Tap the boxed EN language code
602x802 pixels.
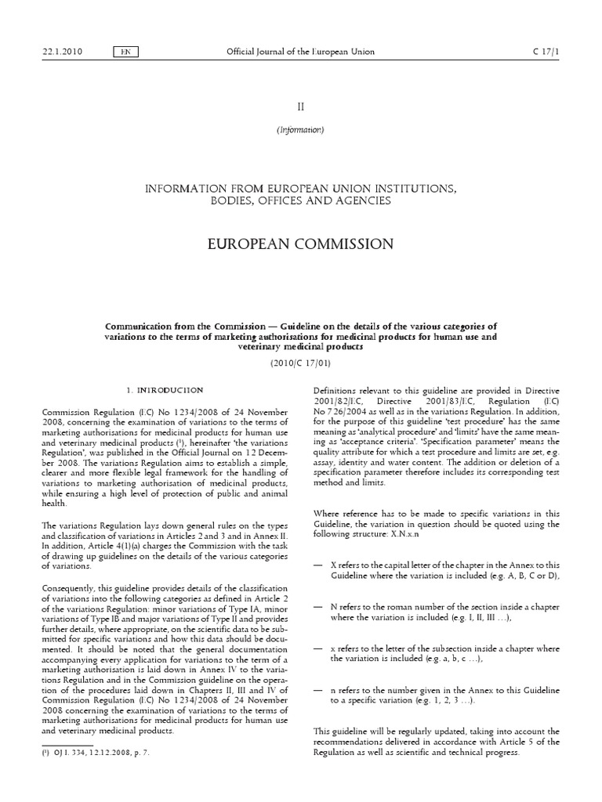tap(125, 52)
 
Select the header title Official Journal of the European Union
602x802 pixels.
tap(300, 52)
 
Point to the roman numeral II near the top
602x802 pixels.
tap(300, 105)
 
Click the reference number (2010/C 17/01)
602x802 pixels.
tap(300, 363)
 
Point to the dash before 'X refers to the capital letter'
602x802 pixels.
tap(317, 565)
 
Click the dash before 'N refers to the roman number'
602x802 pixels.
tap(317, 607)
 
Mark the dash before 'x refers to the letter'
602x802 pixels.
tap(317, 649)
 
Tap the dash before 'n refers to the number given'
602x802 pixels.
tap(317, 691)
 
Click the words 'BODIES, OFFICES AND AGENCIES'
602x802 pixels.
tap(300, 202)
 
